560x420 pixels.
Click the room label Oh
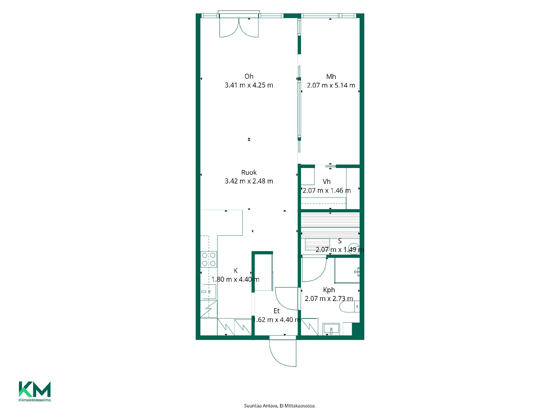point(249,76)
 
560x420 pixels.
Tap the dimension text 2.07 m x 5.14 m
point(331,85)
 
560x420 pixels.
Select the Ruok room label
point(249,172)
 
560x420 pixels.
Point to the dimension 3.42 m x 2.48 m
point(249,181)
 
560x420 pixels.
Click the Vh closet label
point(327,182)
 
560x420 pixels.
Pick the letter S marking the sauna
point(340,241)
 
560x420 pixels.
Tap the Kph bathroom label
point(329,290)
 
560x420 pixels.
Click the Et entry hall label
point(276,311)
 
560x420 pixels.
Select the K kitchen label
point(235,271)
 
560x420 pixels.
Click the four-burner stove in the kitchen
point(209,259)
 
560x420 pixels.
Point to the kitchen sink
point(209,292)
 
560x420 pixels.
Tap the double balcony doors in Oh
point(239,27)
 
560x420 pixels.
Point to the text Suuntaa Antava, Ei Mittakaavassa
point(280,406)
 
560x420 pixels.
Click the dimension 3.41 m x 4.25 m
point(249,85)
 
